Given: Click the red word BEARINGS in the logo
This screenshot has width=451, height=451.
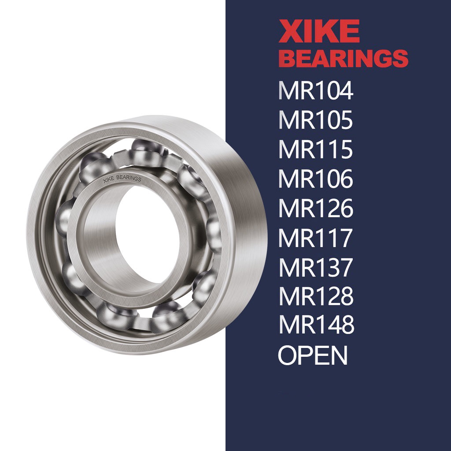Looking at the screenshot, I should click(x=343, y=58).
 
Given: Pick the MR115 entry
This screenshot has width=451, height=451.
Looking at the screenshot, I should click(x=315, y=149).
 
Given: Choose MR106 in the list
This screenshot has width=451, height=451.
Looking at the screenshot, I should click(x=315, y=179).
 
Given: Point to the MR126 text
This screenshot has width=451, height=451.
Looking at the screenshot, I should click(x=315, y=208).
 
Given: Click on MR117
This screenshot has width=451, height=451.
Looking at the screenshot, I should click(x=315, y=238).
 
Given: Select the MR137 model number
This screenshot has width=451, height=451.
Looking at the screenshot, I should click(x=315, y=267).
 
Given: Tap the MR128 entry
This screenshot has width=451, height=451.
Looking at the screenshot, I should click(x=315, y=296).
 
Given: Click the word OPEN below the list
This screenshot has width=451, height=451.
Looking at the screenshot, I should click(x=313, y=355).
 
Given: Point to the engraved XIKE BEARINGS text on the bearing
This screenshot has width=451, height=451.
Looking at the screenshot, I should click(x=122, y=179).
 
